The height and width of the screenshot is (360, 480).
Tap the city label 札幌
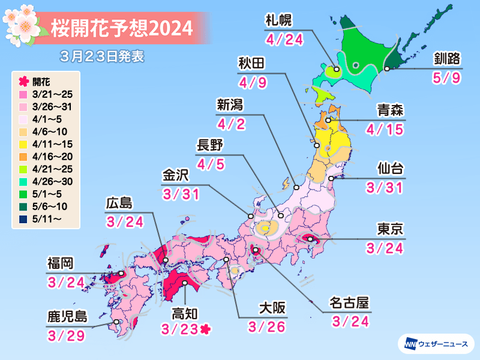click(x=278, y=22)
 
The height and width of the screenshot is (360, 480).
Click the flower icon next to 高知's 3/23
click(x=206, y=329)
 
